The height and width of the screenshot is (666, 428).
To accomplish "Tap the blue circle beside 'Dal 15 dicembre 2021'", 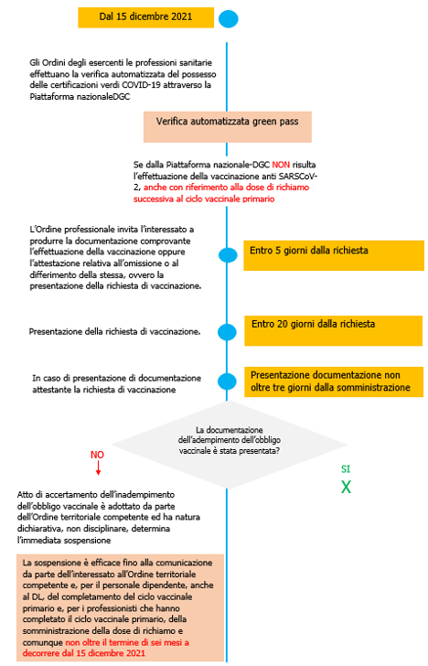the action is coord(228,18).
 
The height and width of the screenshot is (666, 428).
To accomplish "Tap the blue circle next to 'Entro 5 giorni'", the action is coord(228,254).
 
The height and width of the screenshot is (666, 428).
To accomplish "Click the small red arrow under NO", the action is coord(97,470).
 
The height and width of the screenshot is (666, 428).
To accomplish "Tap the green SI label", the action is coord(346,469).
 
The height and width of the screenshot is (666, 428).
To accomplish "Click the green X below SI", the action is coord(347,488).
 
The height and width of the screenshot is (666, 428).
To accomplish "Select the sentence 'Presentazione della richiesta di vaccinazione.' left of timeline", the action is coord(115,330).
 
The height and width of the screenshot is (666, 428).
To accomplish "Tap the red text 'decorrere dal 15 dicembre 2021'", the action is coord(85,653).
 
